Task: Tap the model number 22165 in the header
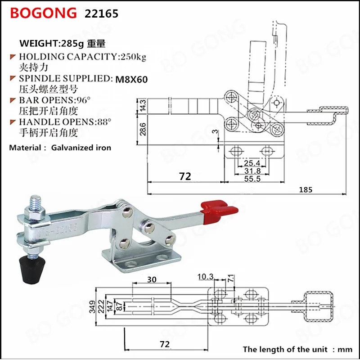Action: click(102, 14)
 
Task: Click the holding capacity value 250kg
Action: click(132, 57)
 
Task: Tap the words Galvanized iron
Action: click(81, 147)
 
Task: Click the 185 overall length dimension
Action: click(306, 189)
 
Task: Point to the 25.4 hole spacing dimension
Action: click(252, 162)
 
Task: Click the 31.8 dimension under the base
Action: click(252, 171)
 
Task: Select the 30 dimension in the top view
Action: click(151, 279)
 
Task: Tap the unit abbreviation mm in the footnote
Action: click(344, 349)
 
